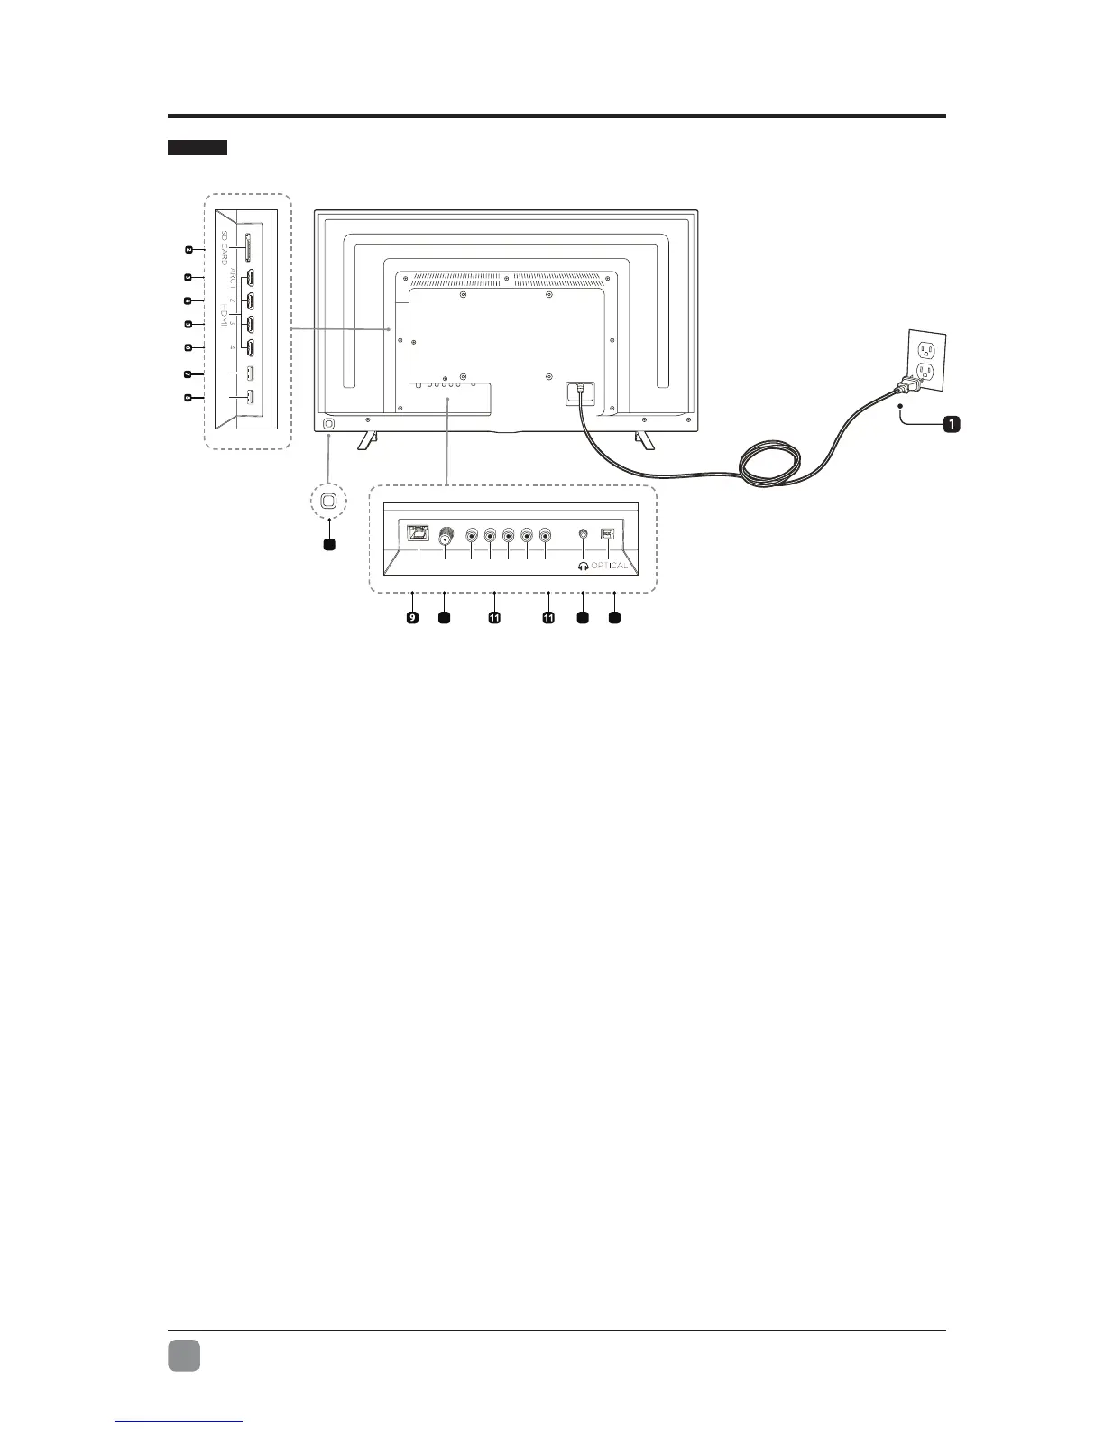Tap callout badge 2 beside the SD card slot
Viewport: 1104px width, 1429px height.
point(189,250)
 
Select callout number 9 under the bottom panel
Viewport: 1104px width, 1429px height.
point(412,618)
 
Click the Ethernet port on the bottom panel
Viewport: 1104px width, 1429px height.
point(419,533)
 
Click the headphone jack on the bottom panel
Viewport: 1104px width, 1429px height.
point(585,534)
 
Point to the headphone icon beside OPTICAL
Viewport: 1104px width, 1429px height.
point(584,566)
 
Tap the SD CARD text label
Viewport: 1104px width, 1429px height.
point(224,246)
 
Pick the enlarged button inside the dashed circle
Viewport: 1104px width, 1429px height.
point(329,500)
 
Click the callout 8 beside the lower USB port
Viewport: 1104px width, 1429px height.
point(189,398)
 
